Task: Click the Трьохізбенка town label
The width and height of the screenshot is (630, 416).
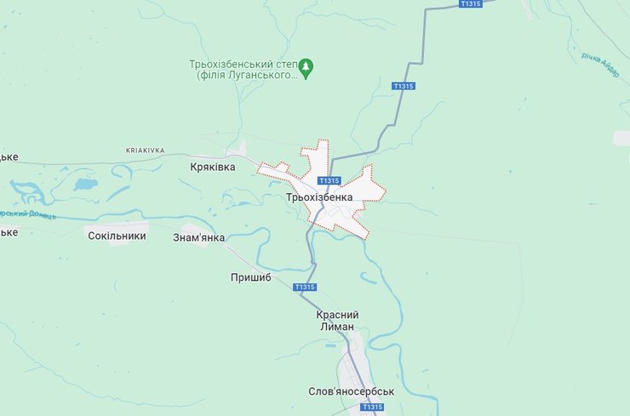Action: click(319, 197)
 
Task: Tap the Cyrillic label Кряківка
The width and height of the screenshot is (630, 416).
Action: click(212, 168)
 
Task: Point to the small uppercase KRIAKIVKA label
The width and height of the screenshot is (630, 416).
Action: click(145, 150)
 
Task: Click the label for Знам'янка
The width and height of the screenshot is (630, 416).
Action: click(199, 237)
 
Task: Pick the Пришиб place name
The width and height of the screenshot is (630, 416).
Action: click(250, 277)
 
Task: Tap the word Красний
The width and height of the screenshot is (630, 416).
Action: click(338, 315)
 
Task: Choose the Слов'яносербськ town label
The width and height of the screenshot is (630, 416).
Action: click(352, 392)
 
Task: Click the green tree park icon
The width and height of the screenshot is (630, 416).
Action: click(308, 65)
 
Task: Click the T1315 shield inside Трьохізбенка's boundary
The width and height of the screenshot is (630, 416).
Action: click(329, 180)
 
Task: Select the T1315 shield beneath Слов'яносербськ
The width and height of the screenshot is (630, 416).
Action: click(372, 407)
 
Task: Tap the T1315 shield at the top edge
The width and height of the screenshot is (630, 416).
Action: click(470, 4)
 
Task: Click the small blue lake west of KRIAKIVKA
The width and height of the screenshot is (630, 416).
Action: click(85, 184)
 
